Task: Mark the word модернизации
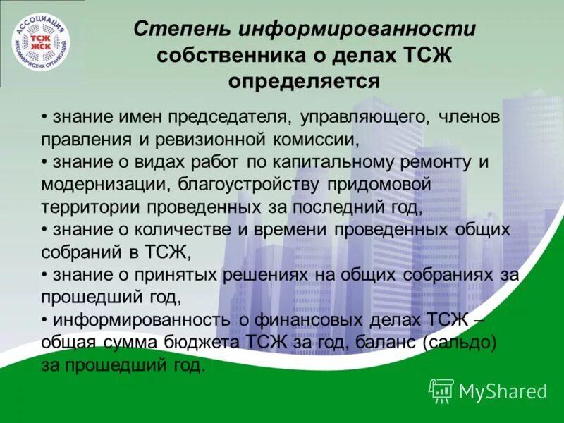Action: click(x=102, y=185)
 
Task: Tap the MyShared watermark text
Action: click(x=503, y=390)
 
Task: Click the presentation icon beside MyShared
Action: click(x=441, y=389)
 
